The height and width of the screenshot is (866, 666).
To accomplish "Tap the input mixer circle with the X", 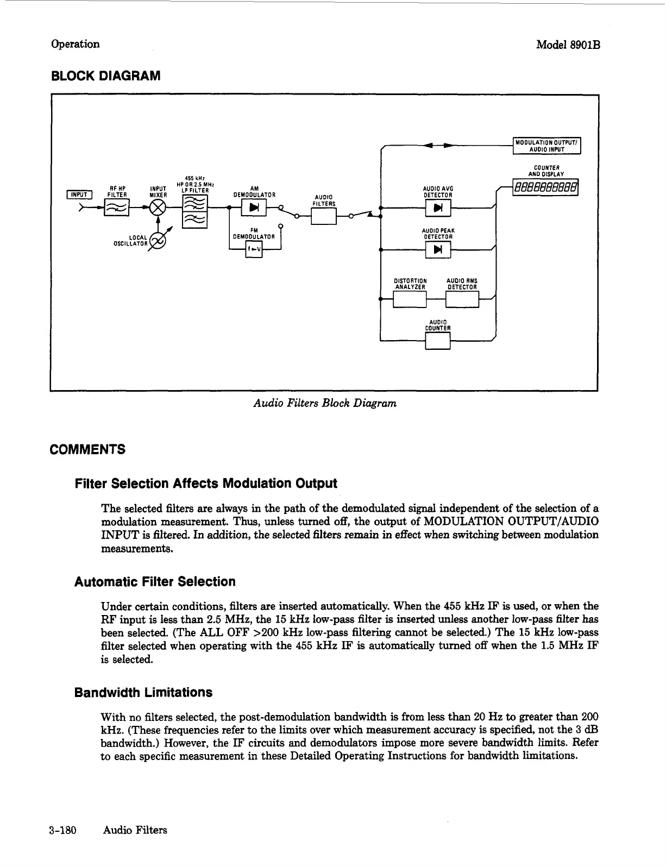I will coord(159,207).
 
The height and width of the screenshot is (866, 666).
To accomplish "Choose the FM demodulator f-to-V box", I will coord(254,249).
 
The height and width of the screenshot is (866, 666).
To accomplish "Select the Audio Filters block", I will coord(324,217).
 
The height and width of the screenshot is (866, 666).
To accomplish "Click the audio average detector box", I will coord(438,208).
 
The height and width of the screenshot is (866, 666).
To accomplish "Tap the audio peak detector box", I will coord(438,249).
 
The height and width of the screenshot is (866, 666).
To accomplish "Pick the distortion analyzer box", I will coord(410,299).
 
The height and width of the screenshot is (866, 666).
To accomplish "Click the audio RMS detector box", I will coord(462,299).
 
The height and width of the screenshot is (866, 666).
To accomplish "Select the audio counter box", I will coord(438,341).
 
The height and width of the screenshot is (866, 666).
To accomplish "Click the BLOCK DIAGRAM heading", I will coord(105,76).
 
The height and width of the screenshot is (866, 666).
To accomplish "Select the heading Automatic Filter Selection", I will coord(155,582).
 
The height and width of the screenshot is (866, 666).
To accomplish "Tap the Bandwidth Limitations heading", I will coord(143,693).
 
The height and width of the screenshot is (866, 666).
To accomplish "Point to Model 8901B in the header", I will coord(568,45).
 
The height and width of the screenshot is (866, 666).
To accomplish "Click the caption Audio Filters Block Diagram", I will coord(325,403).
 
